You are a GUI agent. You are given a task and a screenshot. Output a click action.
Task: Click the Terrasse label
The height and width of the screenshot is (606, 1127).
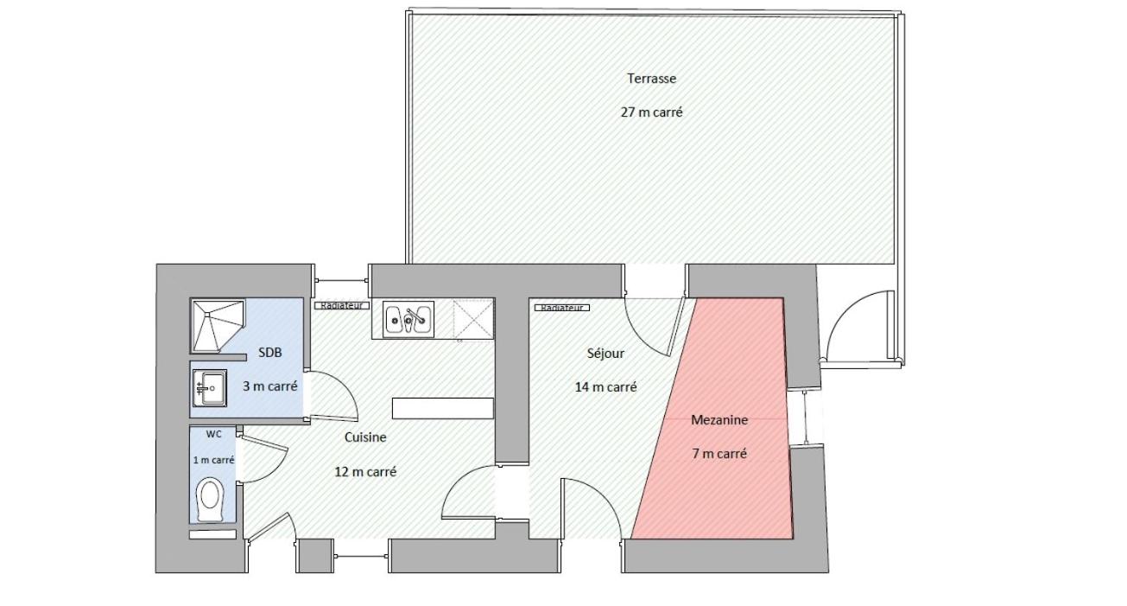coord(651,79)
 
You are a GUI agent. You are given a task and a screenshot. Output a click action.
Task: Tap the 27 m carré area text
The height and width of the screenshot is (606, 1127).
coord(651,112)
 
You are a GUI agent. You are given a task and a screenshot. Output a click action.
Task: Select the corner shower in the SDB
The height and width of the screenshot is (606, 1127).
coord(218,326)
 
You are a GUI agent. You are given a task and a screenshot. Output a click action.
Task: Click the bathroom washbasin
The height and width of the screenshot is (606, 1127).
coord(210,387)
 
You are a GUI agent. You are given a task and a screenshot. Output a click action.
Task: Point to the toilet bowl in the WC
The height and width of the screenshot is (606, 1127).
coord(209,499)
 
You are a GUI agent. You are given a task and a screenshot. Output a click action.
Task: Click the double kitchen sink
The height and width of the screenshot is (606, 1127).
coord(408,319)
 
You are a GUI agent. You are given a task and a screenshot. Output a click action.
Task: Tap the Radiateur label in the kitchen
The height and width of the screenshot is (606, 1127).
coord(342,305)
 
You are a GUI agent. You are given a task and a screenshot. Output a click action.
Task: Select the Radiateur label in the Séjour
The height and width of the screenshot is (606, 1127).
coord(561,307)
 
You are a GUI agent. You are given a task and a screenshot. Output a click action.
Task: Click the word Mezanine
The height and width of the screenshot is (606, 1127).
coord(719,419)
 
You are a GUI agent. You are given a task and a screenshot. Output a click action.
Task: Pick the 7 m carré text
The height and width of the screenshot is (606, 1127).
coord(719,453)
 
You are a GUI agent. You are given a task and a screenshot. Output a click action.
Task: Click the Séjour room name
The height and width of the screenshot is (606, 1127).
coord(605,353)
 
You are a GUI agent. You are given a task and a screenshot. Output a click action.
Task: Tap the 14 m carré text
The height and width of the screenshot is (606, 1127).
coord(605,387)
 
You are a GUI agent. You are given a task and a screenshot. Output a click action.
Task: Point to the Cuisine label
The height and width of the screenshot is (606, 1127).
coord(365,437)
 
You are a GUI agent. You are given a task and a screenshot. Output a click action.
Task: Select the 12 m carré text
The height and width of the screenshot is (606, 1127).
coord(365,472)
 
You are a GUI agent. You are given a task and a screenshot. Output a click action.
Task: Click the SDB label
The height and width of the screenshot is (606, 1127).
coord(270,353)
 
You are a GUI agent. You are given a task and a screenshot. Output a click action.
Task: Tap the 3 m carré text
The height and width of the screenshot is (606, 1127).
coord(270,386)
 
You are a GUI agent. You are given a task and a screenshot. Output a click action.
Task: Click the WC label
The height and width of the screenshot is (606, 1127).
coord(214,434)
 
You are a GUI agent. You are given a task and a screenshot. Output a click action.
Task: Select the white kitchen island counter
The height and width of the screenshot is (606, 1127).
coord(443,408)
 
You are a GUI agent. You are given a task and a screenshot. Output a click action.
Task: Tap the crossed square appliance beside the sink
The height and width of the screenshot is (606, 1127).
coord(473,319)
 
